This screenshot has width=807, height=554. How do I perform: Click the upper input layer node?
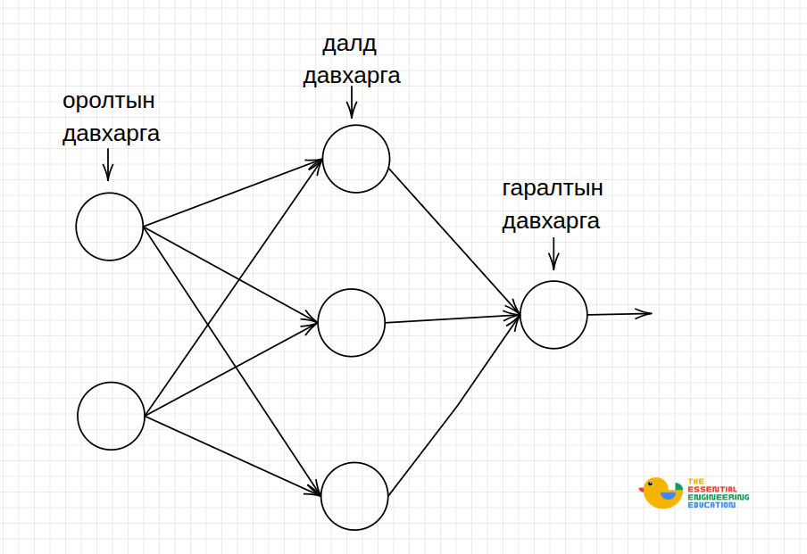tap(110, 227)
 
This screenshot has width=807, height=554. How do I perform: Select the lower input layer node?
tap(111, 416)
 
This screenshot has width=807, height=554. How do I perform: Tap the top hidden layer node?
tap(356, 159)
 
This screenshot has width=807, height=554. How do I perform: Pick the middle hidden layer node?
tap(351, 322)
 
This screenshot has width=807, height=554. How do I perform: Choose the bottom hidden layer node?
tap(354, 496)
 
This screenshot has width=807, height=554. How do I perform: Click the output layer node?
tap(553, 314)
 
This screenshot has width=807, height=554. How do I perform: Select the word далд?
tap(351, 43)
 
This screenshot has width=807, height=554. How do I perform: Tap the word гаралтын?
tap(553, 189)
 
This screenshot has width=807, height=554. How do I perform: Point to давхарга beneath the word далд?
tap(352, 77)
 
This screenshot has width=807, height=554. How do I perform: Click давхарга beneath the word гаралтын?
tap(551, 221)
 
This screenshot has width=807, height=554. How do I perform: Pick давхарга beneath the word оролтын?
tap(111, 135)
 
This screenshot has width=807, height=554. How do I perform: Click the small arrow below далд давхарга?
tap(352, 105)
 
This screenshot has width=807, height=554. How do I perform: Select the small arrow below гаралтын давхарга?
tap(553, 253)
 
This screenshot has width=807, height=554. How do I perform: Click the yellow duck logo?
tap(661, 493)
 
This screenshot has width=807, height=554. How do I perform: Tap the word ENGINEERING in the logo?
tap(718, 497)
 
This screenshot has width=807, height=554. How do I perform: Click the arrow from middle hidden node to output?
tap(452, 318)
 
